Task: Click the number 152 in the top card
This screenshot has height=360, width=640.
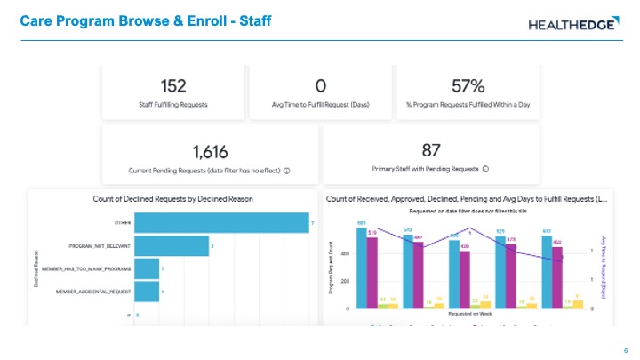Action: click(173, 85)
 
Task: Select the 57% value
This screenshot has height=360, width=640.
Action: click(468, 85)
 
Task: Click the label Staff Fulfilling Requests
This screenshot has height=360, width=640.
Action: click(173, 105)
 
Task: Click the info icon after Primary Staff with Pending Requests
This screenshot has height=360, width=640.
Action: click(486, 168)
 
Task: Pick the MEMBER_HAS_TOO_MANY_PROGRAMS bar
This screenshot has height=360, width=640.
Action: click(148, 268)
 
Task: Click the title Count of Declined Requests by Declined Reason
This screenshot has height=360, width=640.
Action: click(173, 199)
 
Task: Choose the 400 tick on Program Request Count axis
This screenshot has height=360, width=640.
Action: click(346, 253)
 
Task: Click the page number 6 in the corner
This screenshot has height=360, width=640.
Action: click(627, 349)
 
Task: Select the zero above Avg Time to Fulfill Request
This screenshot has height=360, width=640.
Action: click(321, 85)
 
